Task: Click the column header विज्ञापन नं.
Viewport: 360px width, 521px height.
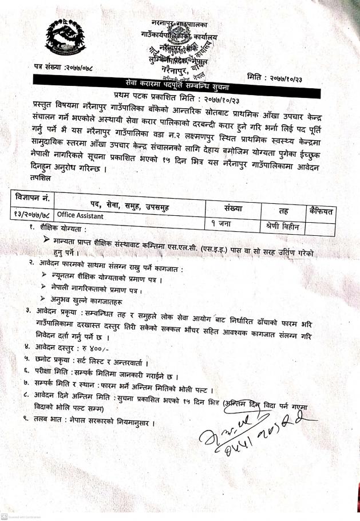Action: [x=34, y=199]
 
